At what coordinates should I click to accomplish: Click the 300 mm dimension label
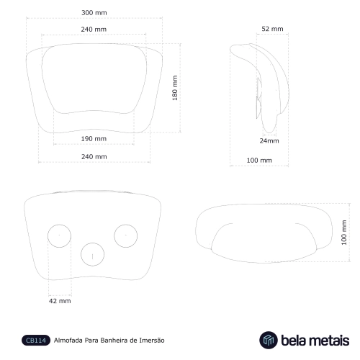[x=94, y=13]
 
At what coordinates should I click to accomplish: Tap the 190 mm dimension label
[x=94, y=139]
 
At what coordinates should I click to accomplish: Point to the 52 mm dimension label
[x=271, y=28]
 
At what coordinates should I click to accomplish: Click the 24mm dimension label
[x=269, y=140]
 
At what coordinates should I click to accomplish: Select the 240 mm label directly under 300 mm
[x=94, y=30]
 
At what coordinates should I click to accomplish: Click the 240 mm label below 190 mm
[x=94, y=156]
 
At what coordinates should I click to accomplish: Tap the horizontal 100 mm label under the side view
[x=259, y=160]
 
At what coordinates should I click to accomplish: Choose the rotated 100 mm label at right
[x=343, y=232]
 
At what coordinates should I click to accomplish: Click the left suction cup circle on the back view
[x=58, y=235]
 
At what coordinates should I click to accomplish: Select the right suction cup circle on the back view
[x=125, y=235]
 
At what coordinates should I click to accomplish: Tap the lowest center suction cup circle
[x=92, y=253]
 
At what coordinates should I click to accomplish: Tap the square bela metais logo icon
[x=269, y=340]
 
